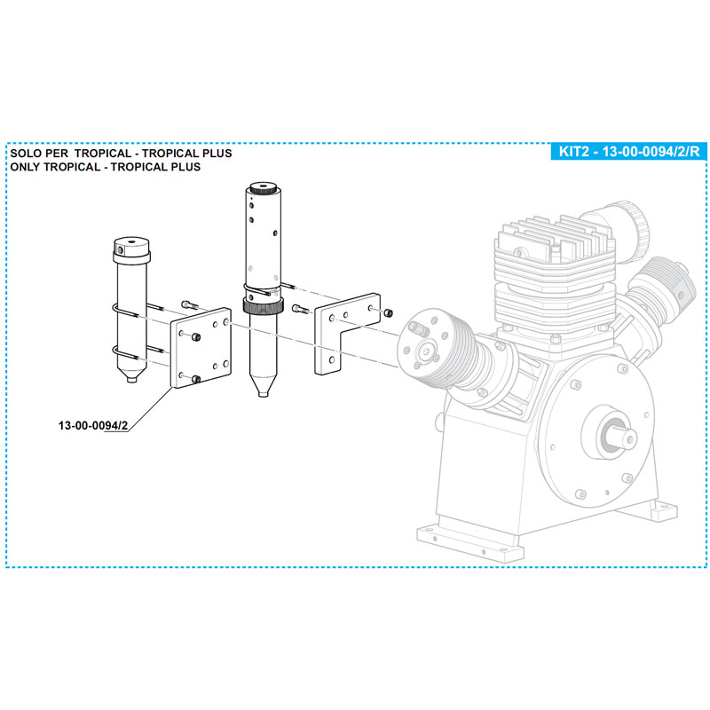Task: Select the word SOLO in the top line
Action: coord(27,154)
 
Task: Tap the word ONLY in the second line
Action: coord(27,167)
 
